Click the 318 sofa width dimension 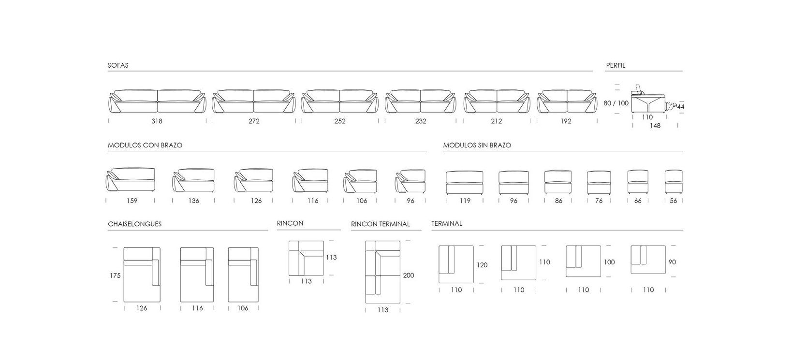pos(157,121)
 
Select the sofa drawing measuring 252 pos(340,101)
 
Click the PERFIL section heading pos(616,65)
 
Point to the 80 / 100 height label pos(616,103)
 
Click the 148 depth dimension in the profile pos(655,126)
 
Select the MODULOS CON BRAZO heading pos(145,145)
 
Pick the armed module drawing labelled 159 pos(131,180)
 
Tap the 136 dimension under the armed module pos(193,201)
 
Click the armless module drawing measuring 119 pos(465,183)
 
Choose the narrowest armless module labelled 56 pos(674,182)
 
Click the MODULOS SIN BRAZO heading pos(477,145)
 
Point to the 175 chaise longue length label pos(115,275)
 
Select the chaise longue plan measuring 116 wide pos(197,275)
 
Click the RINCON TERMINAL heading pos(381,224)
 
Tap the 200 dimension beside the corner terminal pos(409,275)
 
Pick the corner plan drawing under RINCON pos(306,258)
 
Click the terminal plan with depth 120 pos(456,264)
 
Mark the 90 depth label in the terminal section pos(672,262)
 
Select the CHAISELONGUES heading pos(135,224)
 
